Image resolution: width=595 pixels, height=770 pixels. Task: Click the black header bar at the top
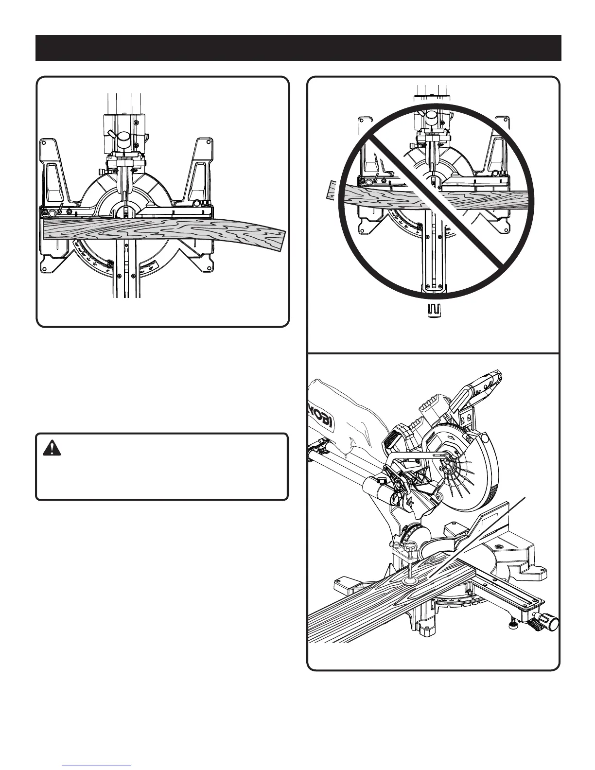click(298, 48)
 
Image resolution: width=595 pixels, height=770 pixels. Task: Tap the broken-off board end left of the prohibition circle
click(330, 190)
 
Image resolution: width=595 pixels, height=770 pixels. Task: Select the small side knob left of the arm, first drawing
click(104, 172)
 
